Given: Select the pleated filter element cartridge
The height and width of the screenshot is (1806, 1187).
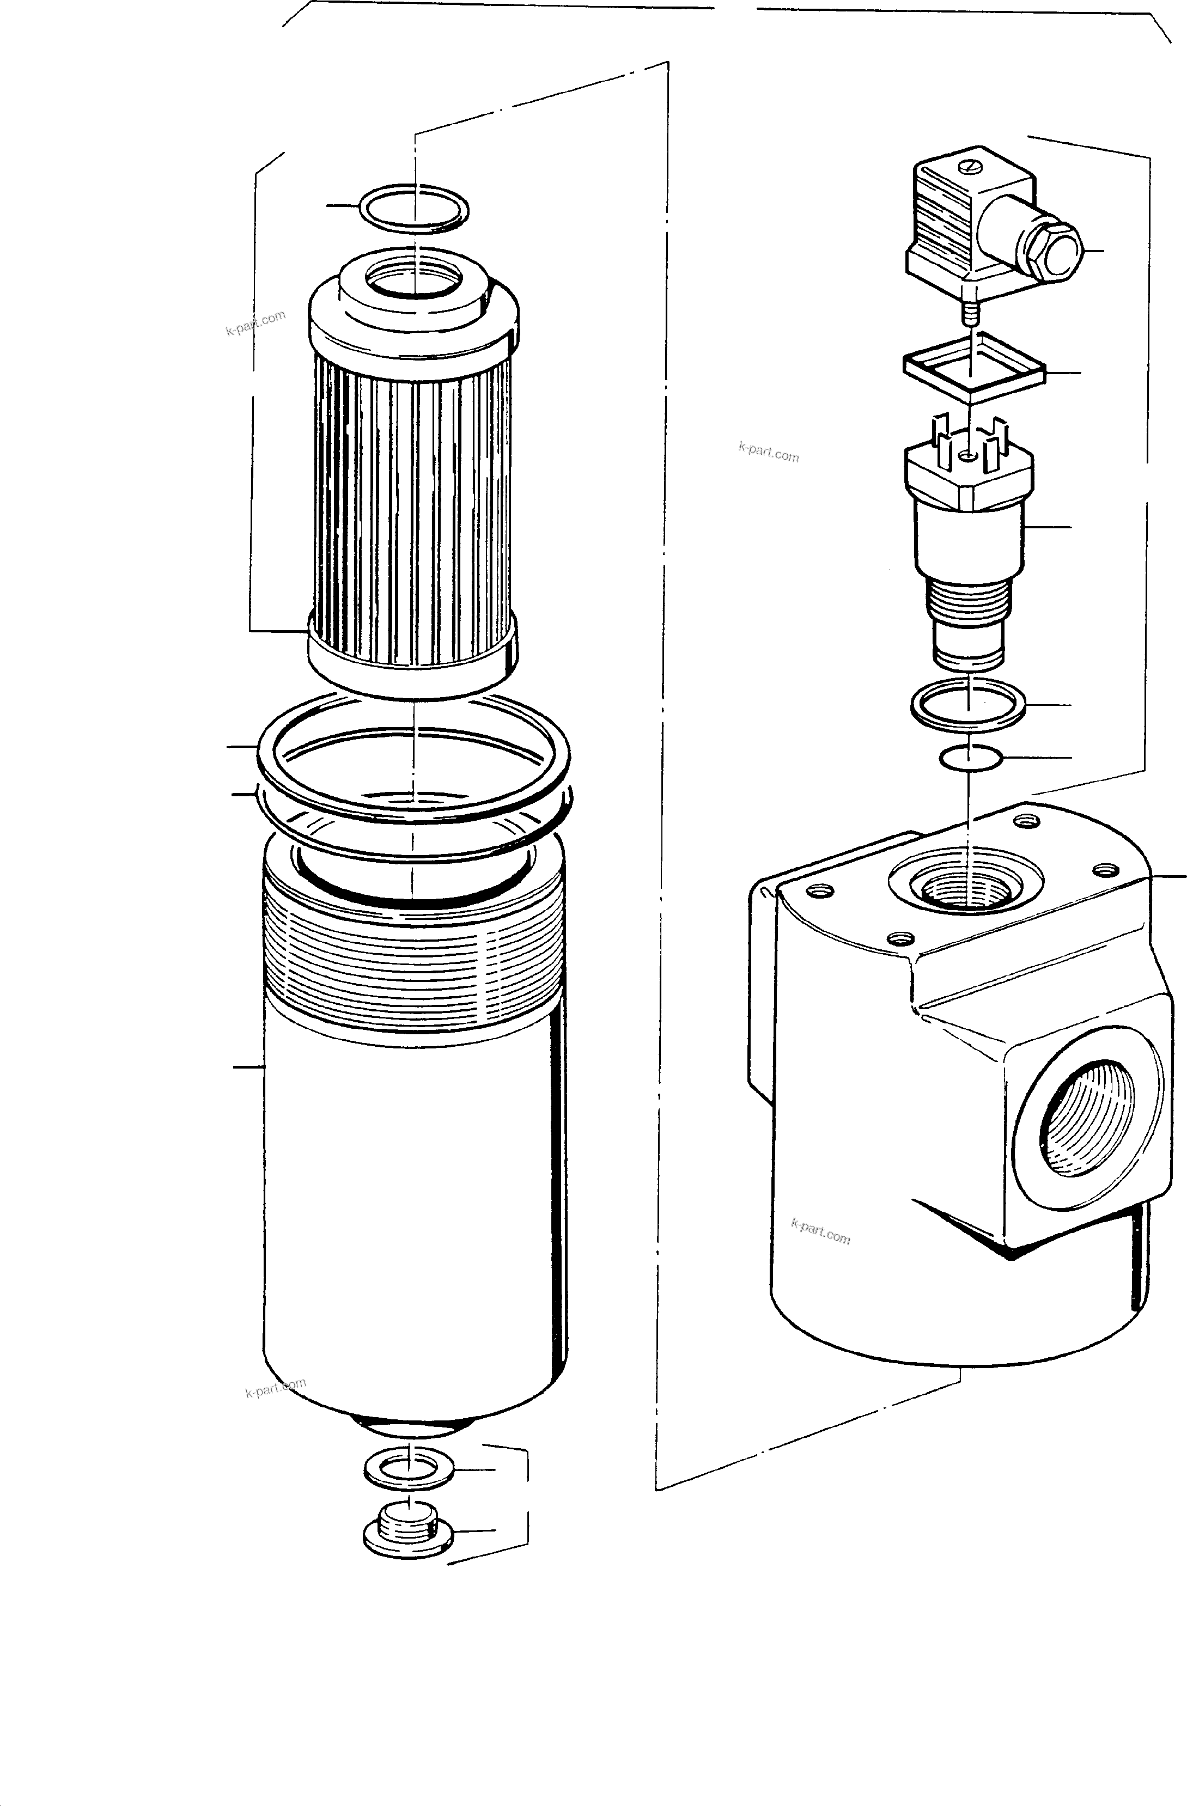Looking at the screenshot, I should pos(413,493).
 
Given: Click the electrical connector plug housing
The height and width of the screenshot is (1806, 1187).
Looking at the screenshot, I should pos(949,228).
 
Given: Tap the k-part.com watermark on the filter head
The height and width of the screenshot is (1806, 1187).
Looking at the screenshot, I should pos(820,1230).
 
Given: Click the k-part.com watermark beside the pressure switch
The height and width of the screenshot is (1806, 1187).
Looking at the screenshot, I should pos(768,453).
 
